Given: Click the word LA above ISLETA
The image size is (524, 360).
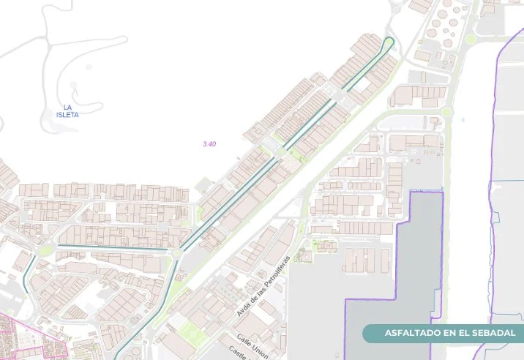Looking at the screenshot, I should click(x=67, y=108).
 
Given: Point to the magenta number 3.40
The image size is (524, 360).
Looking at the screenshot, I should click(x=209, y=144).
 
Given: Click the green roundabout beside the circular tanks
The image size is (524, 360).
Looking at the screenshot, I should click(x=471, y=39).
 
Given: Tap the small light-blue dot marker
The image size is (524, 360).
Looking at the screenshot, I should click(x=464, y=119).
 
